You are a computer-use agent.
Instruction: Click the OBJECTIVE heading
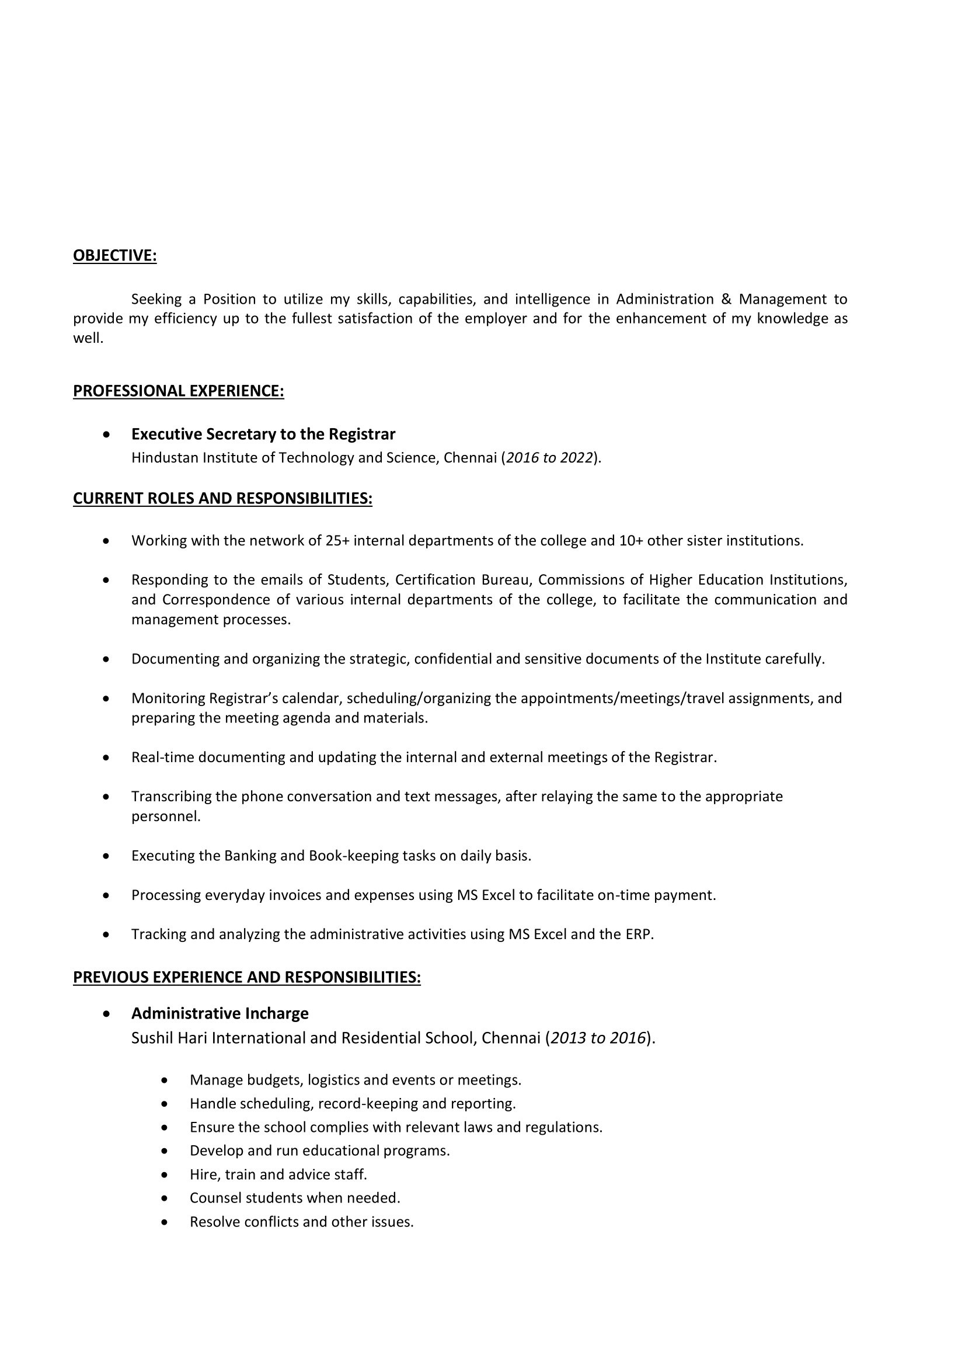tap(115, 255)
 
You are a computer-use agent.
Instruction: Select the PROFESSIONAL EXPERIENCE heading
tap(179, 391)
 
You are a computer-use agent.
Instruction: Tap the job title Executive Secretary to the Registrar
tap(263, 435)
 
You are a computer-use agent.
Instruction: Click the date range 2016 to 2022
tap(550, 457)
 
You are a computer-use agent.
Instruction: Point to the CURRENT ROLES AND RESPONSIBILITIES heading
tap(222, 498)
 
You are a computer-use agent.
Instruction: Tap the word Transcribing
tap(169, 796)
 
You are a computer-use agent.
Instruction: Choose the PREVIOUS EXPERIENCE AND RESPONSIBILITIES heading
tap(247, 977)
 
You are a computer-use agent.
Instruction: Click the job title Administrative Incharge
tap(220, 1013)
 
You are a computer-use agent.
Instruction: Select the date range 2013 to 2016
tap(598, 1038)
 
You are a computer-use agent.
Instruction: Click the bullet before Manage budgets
tap(165, 1080)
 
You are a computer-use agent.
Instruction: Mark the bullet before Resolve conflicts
tap(165, 1222)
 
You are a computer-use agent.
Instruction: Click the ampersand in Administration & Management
tap(726, 298)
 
